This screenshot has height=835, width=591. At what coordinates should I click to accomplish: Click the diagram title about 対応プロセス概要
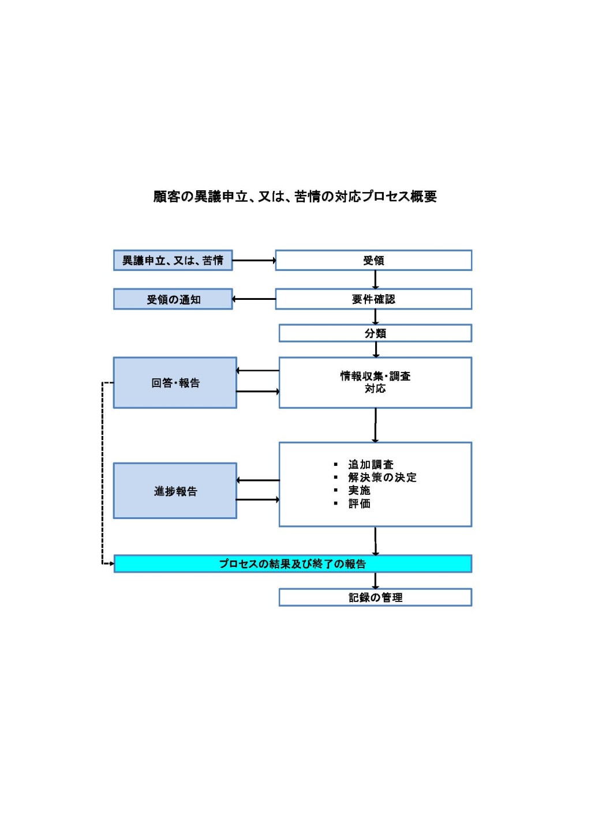(x=295, y=197)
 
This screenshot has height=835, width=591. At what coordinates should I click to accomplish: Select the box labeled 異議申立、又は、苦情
(x=173, y=261)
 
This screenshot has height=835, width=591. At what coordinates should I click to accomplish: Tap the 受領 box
(x=373, y=261)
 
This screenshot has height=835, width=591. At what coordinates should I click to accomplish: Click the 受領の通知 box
(x=173, y=299)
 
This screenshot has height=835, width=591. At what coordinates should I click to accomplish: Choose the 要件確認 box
(x=373, y=299)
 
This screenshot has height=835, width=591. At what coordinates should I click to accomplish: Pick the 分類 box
(x=375, y=333)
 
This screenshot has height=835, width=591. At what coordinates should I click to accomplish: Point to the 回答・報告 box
(x=175, y=383)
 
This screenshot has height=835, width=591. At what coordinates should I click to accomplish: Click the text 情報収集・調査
(x=375, y=376)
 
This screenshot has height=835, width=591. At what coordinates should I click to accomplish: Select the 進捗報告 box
(x=175, y=491)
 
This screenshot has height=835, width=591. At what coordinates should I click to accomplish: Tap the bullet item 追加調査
(x=371, y=464)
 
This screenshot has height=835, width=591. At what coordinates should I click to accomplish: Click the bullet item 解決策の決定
(x=382, y=477)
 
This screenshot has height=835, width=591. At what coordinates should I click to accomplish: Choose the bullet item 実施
(x=359, y=491)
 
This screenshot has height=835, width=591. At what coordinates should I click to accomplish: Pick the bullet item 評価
(x=359, y=504)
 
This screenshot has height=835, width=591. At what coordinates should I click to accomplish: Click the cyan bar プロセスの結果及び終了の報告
(x=293, y=564)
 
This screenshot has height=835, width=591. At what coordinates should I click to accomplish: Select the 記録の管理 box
(x=375, y=597)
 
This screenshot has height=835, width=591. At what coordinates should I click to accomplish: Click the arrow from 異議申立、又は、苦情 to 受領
(x=254, y=261)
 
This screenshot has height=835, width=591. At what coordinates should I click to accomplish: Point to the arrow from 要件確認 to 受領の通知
(x=254, y=299)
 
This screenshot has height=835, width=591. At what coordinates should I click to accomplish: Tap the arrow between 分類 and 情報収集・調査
(x=376, y=349)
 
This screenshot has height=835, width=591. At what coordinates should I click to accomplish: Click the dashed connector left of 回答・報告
(x=103, y=473)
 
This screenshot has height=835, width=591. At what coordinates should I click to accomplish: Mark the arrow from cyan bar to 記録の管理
(x=376, y=581)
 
